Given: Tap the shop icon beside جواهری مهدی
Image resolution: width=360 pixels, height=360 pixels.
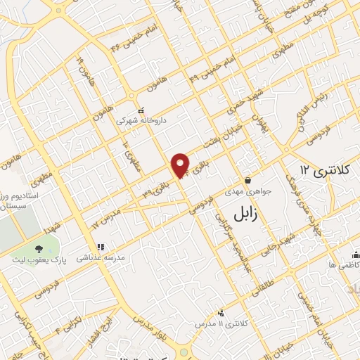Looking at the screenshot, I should (247, 180).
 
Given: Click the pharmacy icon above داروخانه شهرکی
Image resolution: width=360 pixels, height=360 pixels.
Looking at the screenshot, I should (141, 110).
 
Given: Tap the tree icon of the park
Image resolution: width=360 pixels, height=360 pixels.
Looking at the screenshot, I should (38, 248).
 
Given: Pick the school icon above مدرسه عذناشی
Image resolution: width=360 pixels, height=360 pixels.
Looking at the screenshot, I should (101, 247).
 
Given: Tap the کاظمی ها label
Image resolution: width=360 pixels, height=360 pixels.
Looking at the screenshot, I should (345, 264).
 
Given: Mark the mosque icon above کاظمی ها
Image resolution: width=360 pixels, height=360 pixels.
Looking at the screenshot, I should (355, 254).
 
